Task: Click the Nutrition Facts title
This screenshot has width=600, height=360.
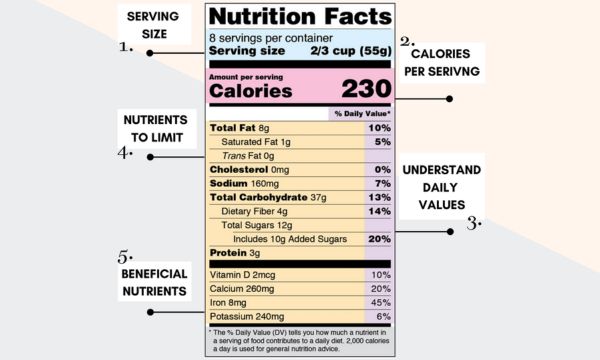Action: pyautogui.click(x=300, y=17)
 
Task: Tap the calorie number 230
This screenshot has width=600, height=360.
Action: pyautogui.click(x=366, y=88)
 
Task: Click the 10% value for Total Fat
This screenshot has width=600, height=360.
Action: pyautogui.click(x=379, y=128)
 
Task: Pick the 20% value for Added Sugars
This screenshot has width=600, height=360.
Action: pyautogui.click(x=379, y=239)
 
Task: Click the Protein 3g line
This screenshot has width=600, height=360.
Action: pyautogui.click(x=235, y=253)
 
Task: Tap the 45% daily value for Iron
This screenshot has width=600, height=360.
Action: pyautogui.click(x=380, y=302)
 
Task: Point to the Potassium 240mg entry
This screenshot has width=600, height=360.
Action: pyautogui.click(x=250, y=316)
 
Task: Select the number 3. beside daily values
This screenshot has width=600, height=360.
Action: pyautogui.click(x=472, y=224)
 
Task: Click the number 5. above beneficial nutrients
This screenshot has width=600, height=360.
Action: pyautogui.click(x=125, y=255)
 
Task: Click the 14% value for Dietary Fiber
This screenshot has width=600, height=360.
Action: pyautogui.click(x=379, y=211)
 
